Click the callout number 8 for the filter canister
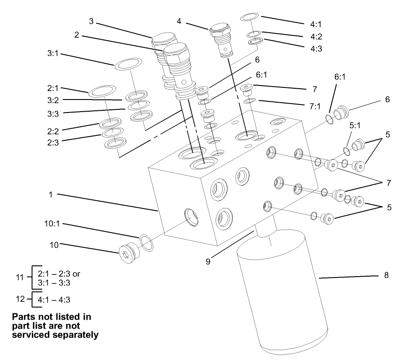pos(386,275)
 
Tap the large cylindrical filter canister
pos(283,291)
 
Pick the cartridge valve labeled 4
pos(223,39)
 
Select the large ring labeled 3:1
pos(129,64)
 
